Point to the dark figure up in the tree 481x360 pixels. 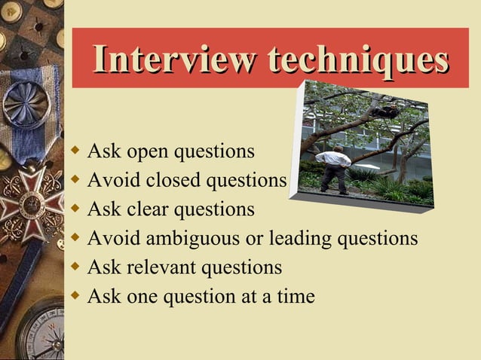387,111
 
